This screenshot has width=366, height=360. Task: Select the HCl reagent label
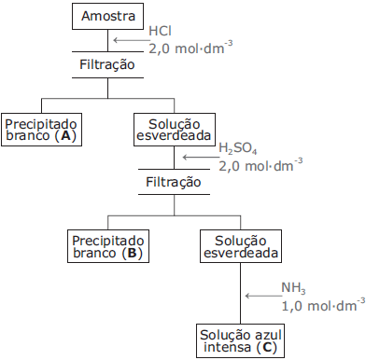161,32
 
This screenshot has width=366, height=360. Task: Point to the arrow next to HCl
125,39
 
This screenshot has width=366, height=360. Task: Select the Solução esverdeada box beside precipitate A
174,128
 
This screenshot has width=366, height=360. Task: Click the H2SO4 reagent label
238,149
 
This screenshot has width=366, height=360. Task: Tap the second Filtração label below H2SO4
174,182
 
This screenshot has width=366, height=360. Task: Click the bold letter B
132,254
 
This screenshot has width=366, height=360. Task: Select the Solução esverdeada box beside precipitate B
241,246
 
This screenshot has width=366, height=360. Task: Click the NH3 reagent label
293,287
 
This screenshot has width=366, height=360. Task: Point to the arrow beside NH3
260,295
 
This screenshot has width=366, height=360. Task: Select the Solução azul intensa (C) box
241,340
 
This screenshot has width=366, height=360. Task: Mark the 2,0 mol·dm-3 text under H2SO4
260,165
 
